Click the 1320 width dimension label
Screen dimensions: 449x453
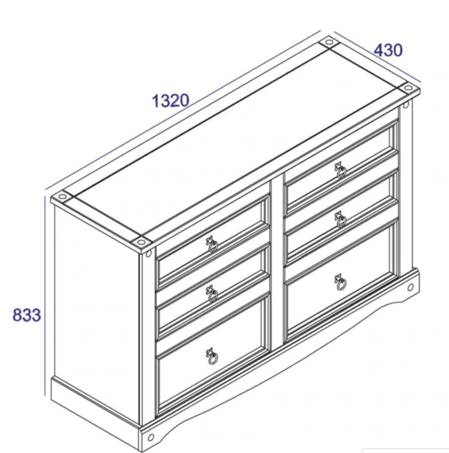(170, 101)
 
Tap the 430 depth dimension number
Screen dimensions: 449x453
(388, 50)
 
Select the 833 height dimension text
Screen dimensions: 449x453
(27, 314)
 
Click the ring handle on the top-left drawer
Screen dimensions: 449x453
(212, 244)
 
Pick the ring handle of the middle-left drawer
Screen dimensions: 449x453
(212, 294)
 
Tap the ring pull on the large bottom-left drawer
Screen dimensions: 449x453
(212, 356)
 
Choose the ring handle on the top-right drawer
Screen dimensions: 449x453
(341, 171)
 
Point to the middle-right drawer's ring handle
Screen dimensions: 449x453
(341, 220)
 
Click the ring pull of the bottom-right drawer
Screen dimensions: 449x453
(341, 282)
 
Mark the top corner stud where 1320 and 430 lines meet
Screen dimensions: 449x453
(329, 43)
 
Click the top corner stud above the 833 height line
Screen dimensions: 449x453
(63, 197)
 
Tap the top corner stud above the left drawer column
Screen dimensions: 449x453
(141, 242)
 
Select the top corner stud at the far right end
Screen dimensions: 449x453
(408, 87)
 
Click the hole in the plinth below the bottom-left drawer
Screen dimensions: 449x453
(150, 438)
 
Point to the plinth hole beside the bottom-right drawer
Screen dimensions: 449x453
(410, 287)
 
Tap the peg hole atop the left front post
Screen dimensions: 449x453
(148, 254)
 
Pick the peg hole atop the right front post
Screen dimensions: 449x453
(406, 105)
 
